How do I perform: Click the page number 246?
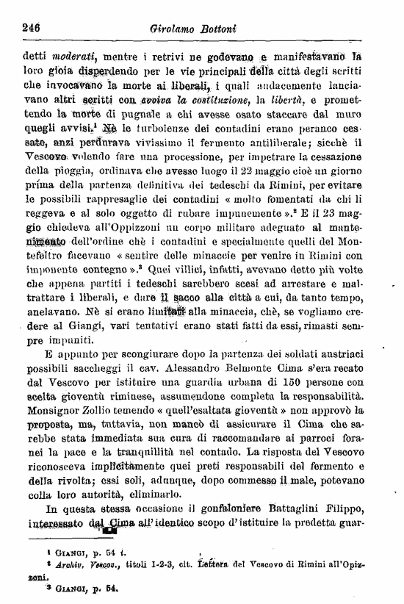29,27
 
